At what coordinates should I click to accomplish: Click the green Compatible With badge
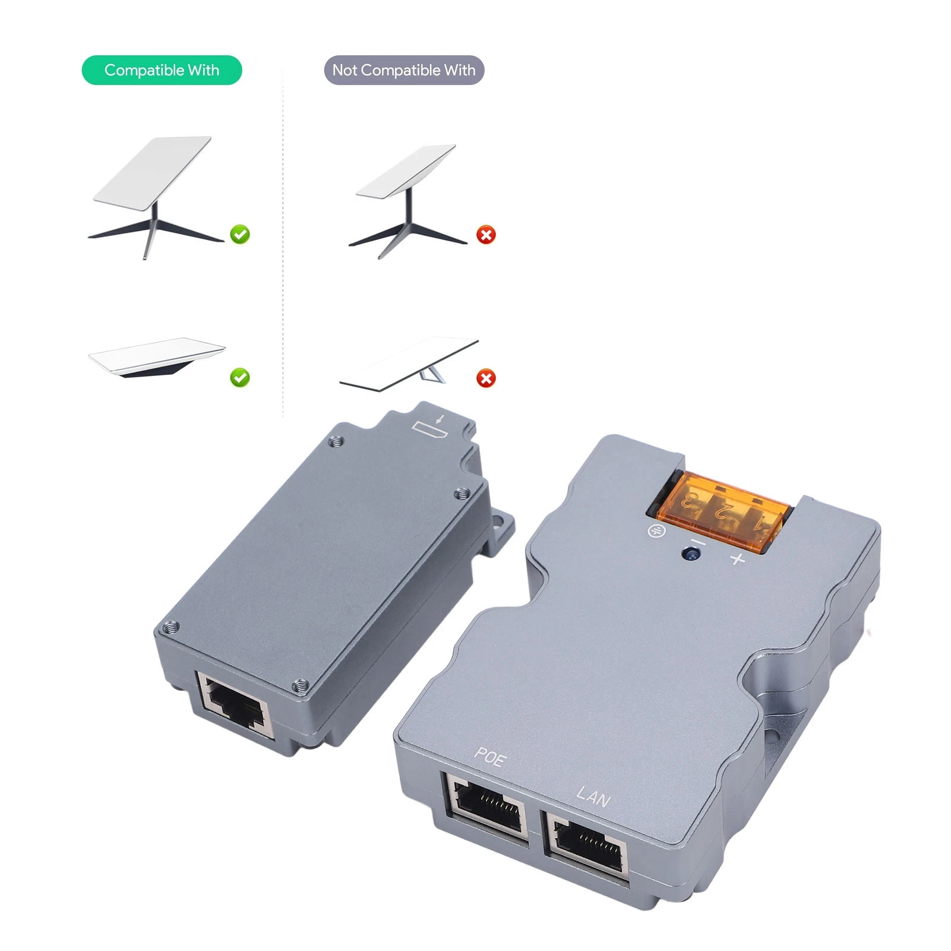click(x=162, y=70)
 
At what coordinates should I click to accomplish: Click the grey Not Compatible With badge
click(x=404, y=70)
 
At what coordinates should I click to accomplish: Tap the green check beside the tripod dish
click(x=240, y=235)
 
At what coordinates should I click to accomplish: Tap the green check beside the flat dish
click(x=240, y=377)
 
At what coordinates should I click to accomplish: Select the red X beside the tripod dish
click(x=486, y=235)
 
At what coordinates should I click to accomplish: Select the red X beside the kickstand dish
click(x=486, y=378)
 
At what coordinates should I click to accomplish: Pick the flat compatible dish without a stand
click(x=157, y=356)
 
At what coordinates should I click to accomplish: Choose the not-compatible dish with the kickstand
click(x=410, y=364)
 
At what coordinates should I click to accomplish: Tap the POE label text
click(x=490, y=757)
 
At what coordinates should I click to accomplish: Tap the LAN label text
click(x=593, y=796)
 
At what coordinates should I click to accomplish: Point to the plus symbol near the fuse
click(x=738, y=559)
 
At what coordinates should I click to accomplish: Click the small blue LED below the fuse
click(x=691, y=554)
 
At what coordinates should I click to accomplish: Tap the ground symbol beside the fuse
click(x=656, y=530)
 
